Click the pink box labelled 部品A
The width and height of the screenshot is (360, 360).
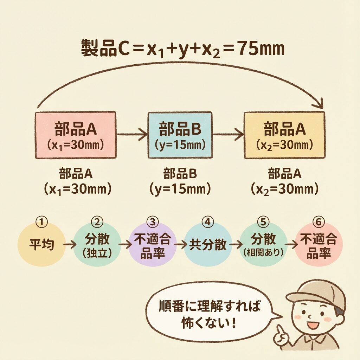coord(76,135)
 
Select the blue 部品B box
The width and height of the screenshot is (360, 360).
coord(180,135)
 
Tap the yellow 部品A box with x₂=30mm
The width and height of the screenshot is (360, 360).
coord(284,135)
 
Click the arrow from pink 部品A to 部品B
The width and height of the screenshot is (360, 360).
coord(131,134)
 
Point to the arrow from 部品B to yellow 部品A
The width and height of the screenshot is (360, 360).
coord(228,134)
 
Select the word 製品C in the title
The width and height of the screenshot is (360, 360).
coord(98,49)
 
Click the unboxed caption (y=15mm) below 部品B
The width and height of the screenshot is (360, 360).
coord(180,190)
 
